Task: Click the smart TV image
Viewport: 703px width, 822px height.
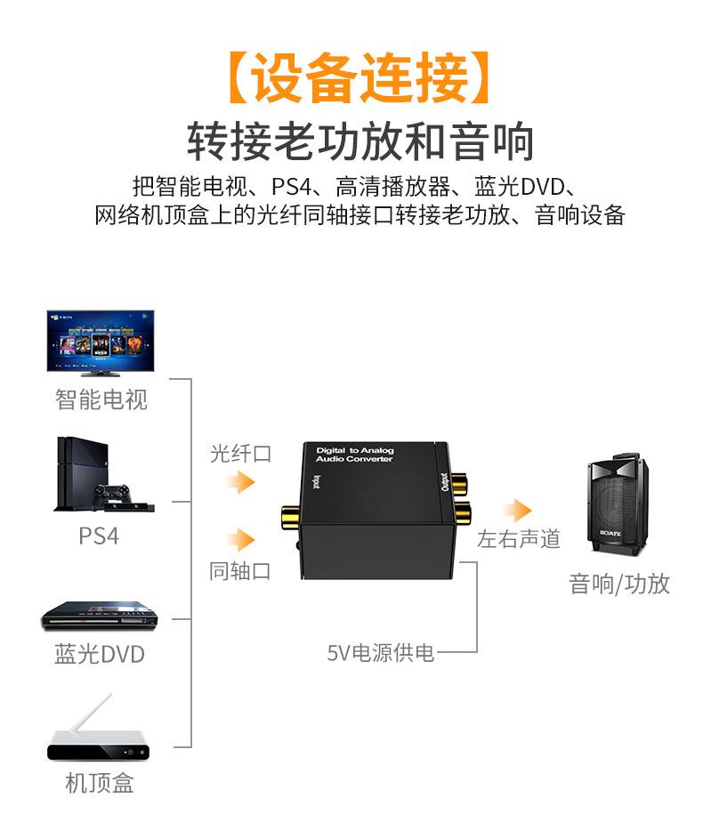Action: [101, 342]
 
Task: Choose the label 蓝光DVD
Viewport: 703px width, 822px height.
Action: [99, 655]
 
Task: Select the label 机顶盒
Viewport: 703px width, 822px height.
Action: [99, 783]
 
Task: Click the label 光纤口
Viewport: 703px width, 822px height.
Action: [239, 454]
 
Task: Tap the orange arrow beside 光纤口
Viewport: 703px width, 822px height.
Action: [239, 482]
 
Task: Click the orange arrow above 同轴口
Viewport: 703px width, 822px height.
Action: [239, 539]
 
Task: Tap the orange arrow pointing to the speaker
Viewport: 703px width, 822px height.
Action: [515, 510]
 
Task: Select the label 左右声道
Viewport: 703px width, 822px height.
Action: [518, 539]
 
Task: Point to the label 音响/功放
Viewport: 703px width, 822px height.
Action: [618, 584]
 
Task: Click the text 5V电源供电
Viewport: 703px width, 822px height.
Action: [381, 654]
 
